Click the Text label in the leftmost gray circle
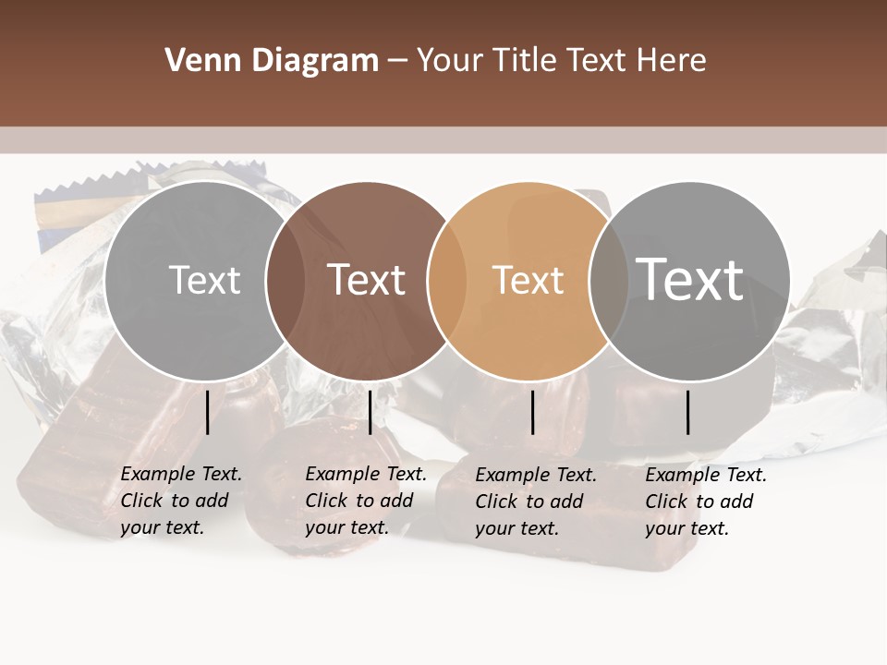[x=205, y=280]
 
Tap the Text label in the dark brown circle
[x=367, y=280]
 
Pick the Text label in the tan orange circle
[x=528, y=280]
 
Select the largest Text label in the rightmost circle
[x=690, y=279]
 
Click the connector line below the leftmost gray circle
[x=207, y=412]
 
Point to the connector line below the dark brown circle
[x=370, y=412]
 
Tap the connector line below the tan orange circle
[x=533, y=412]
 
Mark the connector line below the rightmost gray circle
[x=687, y=412]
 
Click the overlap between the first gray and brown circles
[x=286, y=280]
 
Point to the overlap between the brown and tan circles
[x=445, y=280]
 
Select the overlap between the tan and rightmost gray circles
[x=605, y=280]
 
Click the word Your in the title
[x=451, y=61]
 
